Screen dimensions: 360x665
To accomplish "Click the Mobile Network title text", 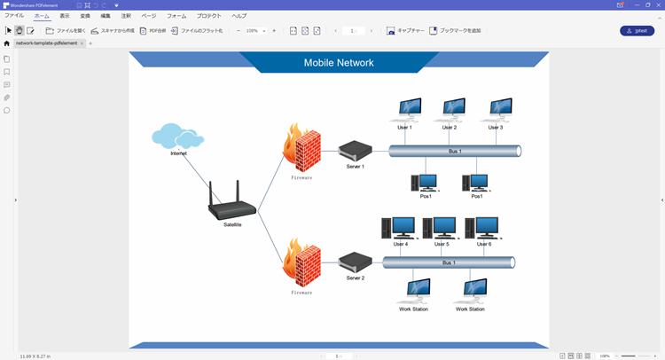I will point(339,63).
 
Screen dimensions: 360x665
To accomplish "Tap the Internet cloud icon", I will point(177,137).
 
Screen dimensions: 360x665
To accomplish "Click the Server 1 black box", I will point(355,150).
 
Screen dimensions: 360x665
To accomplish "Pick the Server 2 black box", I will point(355,262).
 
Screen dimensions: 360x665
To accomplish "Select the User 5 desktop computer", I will point(441,228).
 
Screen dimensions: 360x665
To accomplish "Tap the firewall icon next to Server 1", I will point(301,147).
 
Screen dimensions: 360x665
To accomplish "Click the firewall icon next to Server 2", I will point(301,262).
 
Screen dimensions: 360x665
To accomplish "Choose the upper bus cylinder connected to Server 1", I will point(455,152).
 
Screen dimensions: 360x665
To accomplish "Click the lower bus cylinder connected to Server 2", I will point(449,262).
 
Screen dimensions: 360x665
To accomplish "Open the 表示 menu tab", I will point(65,16).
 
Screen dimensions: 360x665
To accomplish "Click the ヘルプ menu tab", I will point(239,16).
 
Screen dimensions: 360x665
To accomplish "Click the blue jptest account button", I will point(637,31).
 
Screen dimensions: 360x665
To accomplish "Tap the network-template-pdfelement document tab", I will point(47,43).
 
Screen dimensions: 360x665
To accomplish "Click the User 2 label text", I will point(450,128).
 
